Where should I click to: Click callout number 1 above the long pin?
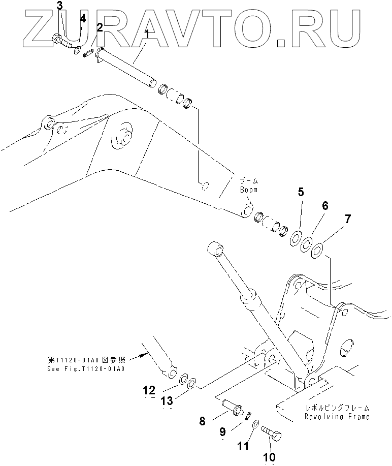147,35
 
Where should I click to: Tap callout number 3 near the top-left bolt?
60,6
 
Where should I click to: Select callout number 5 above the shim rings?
301,192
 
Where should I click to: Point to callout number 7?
347,220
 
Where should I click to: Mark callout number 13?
167,401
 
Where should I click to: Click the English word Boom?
249,189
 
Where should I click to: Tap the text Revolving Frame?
337,417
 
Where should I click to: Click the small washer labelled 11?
255,423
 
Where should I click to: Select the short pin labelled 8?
231,407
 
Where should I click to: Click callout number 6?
324,206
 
